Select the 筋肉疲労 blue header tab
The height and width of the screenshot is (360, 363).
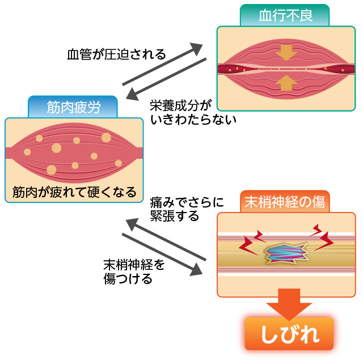click(x=73, y=106)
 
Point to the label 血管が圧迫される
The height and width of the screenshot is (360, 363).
click(x=116, y=55)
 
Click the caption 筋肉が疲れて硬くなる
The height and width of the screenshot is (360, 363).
click(x=74, y=192)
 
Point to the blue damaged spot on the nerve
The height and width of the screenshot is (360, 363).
click(x=286, y=253)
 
